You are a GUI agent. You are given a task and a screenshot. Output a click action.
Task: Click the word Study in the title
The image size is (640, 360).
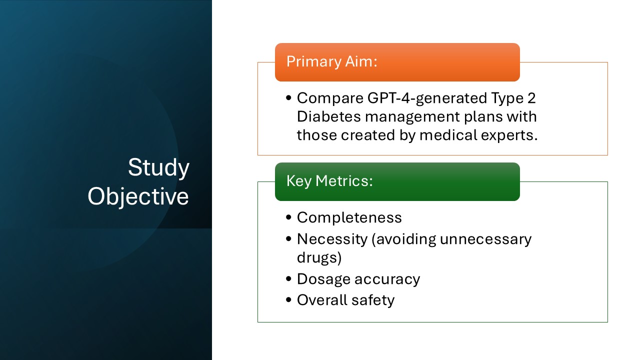click(158, 168)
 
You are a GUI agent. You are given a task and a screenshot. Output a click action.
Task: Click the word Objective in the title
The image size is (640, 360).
click(138, 196)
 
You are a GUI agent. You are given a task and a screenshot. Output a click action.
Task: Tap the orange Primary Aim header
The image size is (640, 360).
click(397, 62)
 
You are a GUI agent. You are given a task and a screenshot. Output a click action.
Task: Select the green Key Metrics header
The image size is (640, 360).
click(397, 181)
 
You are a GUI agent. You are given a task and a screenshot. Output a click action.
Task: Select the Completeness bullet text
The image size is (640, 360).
click(349, 217)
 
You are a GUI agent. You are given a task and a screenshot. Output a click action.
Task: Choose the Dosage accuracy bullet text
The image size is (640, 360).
click(358, 279)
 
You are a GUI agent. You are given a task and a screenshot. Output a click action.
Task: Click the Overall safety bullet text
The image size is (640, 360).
click(345, 300)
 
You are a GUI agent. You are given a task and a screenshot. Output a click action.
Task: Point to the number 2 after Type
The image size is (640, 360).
click(531, 98)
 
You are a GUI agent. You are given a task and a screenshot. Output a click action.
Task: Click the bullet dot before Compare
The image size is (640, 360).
click(288, 98)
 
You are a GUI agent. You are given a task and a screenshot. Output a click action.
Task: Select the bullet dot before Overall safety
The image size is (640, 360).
click(288, 300)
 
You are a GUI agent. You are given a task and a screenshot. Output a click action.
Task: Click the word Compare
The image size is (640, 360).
click(326, 98)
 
